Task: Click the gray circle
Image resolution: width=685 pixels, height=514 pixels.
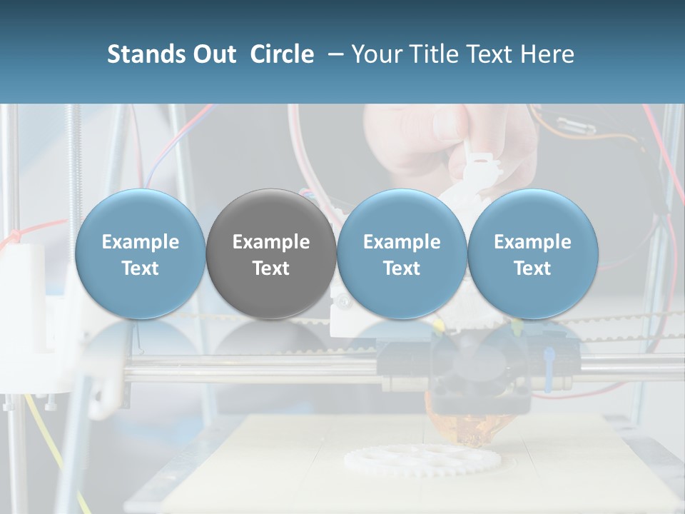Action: coord(271,254)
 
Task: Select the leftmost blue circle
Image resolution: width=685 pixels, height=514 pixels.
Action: coord(141,254)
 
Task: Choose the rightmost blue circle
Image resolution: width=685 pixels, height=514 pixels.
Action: coord(532,254)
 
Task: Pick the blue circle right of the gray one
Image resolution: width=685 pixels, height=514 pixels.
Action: coord(402,254)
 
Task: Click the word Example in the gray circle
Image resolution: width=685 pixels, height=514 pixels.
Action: coord(271,242)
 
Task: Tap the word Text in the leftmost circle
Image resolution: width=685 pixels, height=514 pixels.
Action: coord(141,268)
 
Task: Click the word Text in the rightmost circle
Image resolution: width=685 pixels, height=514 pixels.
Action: coord(532,268)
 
